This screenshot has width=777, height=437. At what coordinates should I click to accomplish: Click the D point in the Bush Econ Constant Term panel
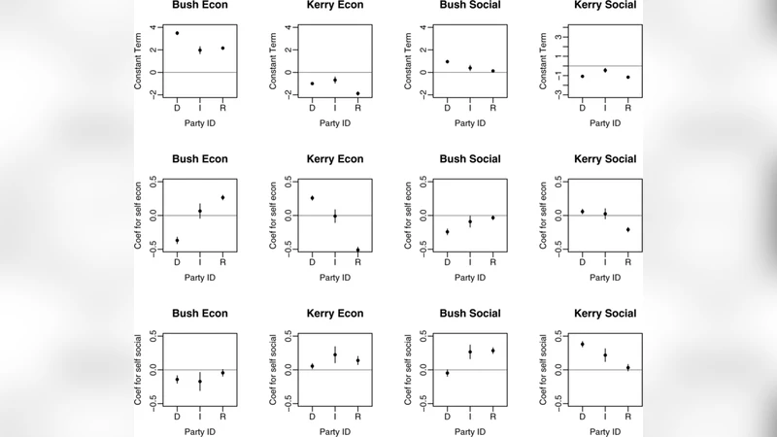tap(177, 33)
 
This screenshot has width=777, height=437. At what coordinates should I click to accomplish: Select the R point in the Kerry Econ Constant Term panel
tap(358, 93)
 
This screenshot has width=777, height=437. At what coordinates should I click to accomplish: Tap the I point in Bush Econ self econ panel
tap(200, 211)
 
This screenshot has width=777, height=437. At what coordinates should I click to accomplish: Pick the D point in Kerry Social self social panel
tap(582, 344)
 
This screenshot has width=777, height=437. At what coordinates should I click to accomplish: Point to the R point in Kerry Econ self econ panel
tap(358, 251)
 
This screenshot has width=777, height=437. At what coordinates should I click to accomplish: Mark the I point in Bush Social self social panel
tap(470, 353)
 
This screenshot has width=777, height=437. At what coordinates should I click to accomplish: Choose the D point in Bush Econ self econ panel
tap(177, 240)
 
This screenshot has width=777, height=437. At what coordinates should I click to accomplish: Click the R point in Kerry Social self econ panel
tap(628, 230)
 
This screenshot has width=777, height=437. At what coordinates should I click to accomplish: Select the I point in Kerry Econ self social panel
tap(335, 354)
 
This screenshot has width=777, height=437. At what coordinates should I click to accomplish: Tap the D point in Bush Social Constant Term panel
tap(447, 61)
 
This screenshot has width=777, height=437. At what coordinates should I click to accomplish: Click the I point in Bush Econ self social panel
tap(200, 382)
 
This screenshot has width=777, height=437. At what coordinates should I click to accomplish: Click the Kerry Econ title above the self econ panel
tap(335, 159)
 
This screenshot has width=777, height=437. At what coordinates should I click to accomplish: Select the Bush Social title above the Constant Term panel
tap(470, 5)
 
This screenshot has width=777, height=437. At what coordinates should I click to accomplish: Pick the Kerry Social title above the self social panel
tap(605, 314)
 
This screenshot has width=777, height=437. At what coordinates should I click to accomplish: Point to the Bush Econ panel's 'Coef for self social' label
tap(139, 370)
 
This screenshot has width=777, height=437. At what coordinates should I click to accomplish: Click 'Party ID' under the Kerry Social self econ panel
tap(605, 277)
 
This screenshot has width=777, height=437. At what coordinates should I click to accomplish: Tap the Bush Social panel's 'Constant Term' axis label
tap(409, 61)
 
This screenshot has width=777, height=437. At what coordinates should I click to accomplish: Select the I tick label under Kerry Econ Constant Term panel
tap(335, 107)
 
